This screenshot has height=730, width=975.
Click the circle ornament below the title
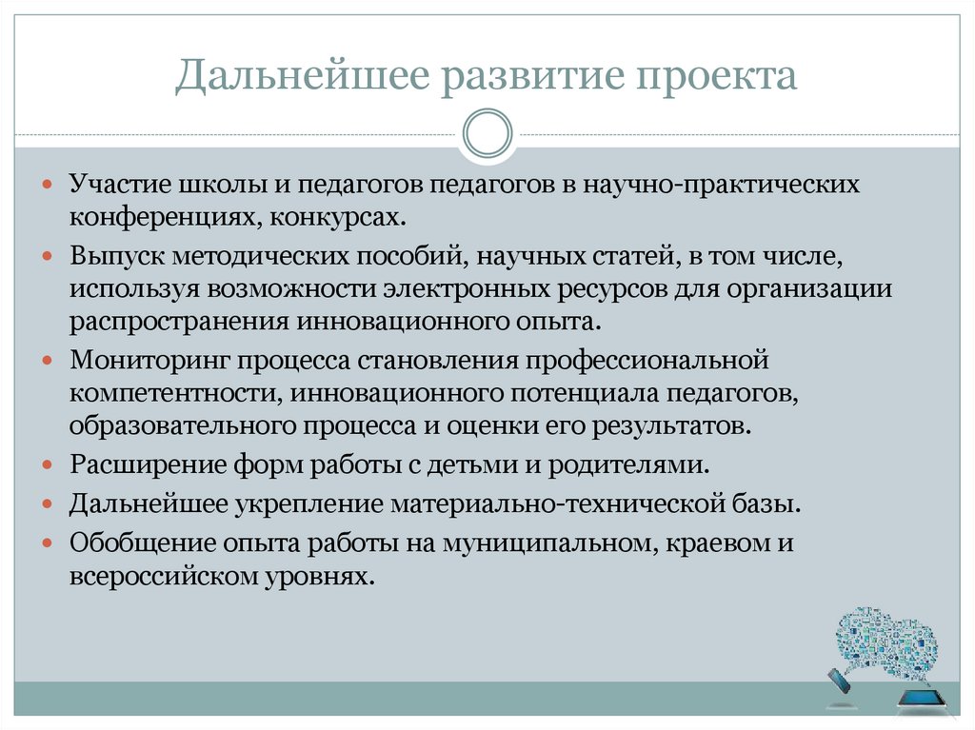[487, 133]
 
